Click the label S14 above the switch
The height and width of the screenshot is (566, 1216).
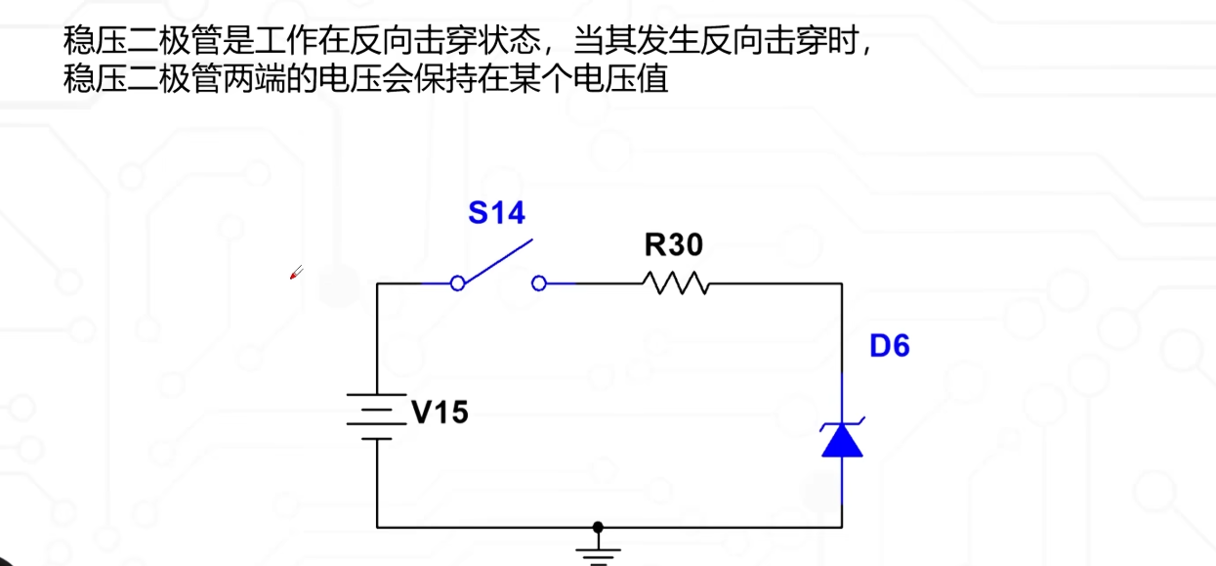point(496,212)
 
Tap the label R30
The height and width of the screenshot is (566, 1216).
point(673,244)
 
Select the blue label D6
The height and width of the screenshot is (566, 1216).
point(889,346)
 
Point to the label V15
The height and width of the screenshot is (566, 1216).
point(440,413)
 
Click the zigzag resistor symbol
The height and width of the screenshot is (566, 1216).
point(675,283)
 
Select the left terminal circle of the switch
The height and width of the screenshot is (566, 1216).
point(457,283)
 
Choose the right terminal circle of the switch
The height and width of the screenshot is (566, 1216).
point(538,283)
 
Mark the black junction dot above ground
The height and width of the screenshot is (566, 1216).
point(598,527)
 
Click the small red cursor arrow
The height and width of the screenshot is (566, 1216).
point(296,273)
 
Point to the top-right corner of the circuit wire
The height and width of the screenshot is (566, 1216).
point(842,283)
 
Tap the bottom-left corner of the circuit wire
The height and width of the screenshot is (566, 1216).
point(377,527)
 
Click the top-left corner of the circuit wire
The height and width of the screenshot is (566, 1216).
point(377,283)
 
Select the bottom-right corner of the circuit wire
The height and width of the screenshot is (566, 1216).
point(842,527)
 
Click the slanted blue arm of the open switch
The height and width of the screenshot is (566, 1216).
point(498,261)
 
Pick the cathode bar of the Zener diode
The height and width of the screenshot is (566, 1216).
point(842,424)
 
